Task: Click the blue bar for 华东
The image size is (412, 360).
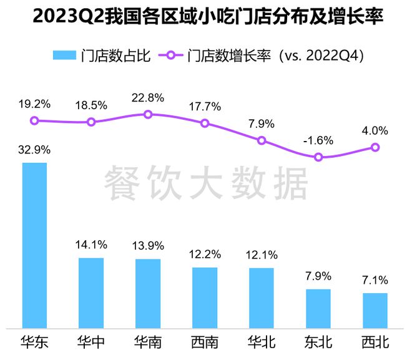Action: click(x=34, y=245)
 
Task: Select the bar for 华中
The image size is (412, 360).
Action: click(x=91, y=292)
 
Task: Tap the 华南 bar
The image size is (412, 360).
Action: click(x=148, y=293)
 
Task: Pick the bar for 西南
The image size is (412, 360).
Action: click(x=205, y=297)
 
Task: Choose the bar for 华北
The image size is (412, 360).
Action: click(x=262, y=298)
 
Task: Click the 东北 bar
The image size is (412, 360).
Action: click(x=318, y=308)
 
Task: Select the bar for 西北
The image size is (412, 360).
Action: click(x=375, y=310)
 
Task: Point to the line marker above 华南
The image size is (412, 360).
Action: click(x=148, y=114)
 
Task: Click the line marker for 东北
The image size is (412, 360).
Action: click(x=318, y=157)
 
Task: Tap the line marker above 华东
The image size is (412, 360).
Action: click(x=34, y=120)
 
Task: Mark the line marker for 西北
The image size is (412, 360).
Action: click(x=375, y=147)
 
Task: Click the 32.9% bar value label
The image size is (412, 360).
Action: click(x=34, y=150)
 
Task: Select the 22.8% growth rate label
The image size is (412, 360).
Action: click(x=148, y=98)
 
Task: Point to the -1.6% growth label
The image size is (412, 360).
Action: click(x=318, y=140)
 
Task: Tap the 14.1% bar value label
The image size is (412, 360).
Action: click(x=91, y=245)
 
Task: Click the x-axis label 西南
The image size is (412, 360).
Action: click(x=205, y=343)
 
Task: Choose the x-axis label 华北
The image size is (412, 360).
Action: click(x=262, y=343)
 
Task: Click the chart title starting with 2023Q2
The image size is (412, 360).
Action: click(x=206, y=17)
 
